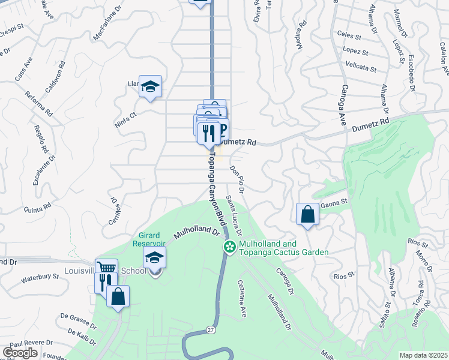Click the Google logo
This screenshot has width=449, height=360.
pos(19,353)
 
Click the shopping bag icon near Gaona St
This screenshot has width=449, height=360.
pos(307,214)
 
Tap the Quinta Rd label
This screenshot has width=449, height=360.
pos(37,208)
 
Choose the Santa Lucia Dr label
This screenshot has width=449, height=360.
pos(234,215)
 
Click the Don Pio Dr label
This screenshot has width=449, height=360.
pos(237,179)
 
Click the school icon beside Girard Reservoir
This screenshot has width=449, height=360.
pos(154,258)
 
